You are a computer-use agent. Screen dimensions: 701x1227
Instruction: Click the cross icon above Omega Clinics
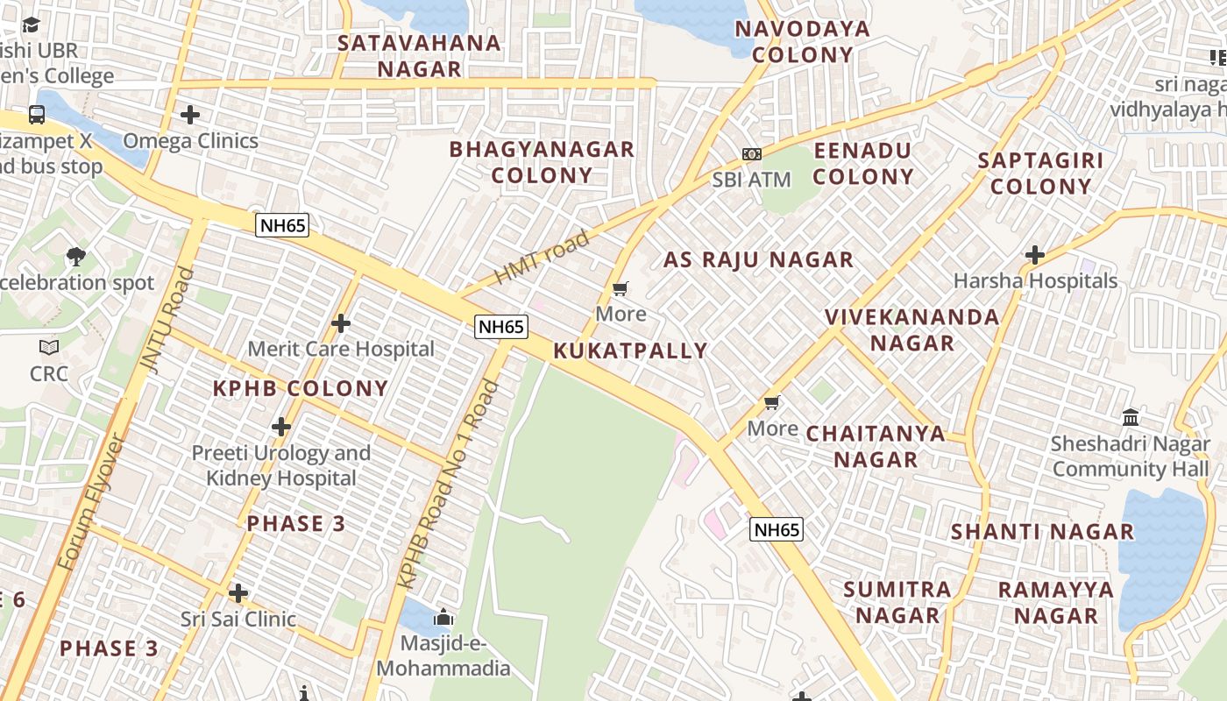point(190,115)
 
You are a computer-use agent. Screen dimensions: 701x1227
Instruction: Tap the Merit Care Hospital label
point(341,349)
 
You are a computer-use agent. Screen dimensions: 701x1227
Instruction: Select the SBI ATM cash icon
point(751,154)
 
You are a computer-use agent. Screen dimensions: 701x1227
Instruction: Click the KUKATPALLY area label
point(630,351)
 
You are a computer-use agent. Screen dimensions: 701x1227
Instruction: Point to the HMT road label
point(542,258)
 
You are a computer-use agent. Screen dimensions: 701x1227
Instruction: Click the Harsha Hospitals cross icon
point(1035,255)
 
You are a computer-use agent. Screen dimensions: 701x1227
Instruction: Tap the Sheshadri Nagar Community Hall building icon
point(1131,417)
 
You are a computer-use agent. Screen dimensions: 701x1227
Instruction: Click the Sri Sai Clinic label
point(238,619)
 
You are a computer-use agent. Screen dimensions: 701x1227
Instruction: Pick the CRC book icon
point(49,348)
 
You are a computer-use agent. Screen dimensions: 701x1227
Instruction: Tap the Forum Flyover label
point(92,501)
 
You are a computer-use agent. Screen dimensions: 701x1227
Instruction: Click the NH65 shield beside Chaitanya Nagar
point(777,529)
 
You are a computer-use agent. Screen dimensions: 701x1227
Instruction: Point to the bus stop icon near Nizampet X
point(37,115)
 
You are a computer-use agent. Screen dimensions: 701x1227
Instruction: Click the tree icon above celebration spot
point(76,257)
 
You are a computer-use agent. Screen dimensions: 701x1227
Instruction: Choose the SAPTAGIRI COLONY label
point(1040,173)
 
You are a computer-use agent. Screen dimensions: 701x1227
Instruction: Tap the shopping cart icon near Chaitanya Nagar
point(772,403)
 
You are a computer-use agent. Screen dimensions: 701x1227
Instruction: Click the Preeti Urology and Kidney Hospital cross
point(281,427)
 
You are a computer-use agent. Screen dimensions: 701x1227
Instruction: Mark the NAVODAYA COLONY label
point(802,42)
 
